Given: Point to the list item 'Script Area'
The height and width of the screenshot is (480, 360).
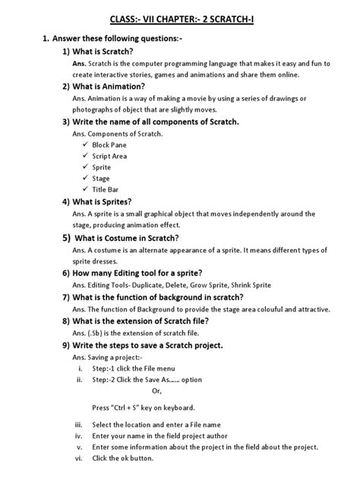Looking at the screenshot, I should coord(109,156).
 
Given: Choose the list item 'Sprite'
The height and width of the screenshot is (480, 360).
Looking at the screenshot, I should coord(101,167).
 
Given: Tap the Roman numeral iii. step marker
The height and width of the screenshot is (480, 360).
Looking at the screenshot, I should coord(78,424).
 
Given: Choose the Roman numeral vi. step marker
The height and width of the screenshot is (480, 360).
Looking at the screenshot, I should coord(78,459).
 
